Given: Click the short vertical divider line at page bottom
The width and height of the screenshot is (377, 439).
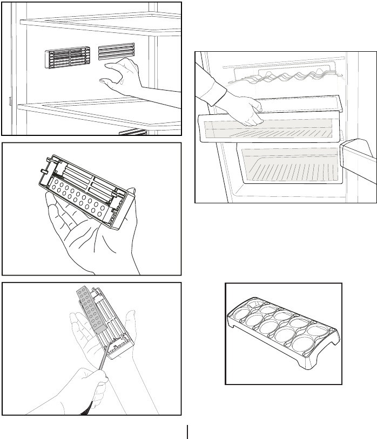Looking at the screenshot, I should [188, 431].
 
